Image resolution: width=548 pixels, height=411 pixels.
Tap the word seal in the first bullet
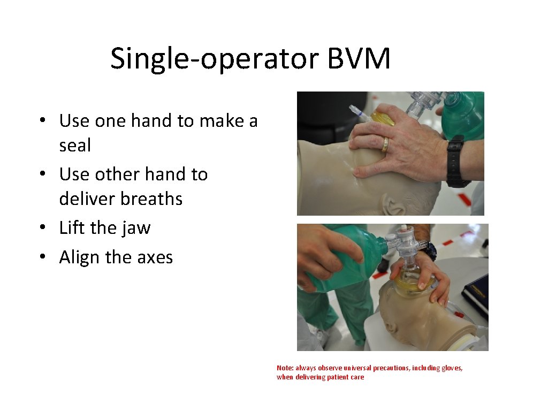75,145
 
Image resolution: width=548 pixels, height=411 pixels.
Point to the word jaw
136,228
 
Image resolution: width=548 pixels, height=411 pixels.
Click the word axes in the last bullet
155,257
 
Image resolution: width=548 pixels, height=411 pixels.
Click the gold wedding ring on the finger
384,145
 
